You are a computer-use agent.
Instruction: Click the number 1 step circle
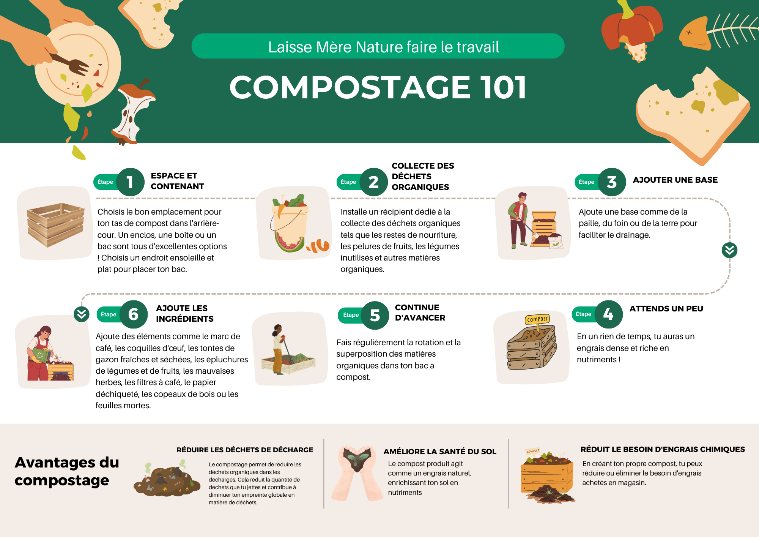[x=130, y=182]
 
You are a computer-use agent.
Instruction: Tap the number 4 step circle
[x=608, y=314]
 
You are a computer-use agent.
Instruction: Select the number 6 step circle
[x=133, y=314]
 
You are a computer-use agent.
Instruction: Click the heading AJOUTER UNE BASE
[x=675, y=180]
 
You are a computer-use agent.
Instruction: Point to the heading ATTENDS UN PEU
[x=666, y=309]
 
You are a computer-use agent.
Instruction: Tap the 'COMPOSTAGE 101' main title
[x=378, y=87]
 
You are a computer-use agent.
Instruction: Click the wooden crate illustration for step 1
[x=55, y=225]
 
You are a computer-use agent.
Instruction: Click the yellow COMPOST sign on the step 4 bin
[x=537, y=319]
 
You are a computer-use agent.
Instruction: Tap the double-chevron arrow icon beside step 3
[x=729, y=250]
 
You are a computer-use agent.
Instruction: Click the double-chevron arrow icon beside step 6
[x=82, y=314]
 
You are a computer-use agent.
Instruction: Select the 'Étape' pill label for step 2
[x=348, y=182]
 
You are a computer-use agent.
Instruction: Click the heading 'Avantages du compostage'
[x=67, y=471]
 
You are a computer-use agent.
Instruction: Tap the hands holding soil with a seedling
[x=357, y=473]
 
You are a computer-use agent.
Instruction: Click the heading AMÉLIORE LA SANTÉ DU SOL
[x=440, y=452]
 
